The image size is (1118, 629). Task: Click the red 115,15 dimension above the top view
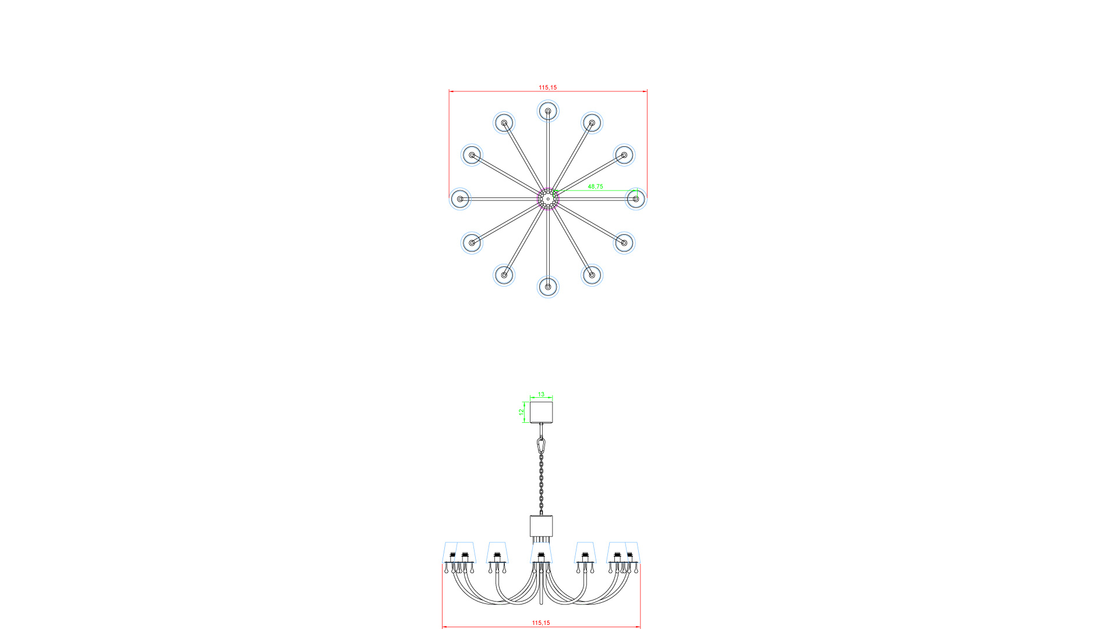(547, 87)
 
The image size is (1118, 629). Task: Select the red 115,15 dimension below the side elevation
(541, 623)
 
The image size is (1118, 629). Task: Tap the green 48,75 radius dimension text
(595, 186)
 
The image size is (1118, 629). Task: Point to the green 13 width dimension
(541, 394)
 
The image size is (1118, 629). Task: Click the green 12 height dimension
(522, 412)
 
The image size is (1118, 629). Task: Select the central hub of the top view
(548, 199)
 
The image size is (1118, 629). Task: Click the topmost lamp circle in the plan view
(548, 111)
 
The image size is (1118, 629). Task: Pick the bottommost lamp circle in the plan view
(548, 287)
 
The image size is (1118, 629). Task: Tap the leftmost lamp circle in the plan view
(460, 199)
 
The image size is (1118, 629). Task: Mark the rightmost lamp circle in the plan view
(636, 199)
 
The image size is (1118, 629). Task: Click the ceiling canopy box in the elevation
(541, 412)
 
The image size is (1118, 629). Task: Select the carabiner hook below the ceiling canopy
(542, 446)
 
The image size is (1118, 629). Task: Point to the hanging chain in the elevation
(541, 483)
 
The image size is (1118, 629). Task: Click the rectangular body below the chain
(541, 526)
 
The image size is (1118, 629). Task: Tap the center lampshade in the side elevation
(541, 553)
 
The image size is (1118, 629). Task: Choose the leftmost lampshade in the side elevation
(452, 553)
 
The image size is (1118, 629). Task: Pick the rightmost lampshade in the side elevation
(631, 553)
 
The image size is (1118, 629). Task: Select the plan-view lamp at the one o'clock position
(592, 123)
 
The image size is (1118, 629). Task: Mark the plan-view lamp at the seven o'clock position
(504, 275)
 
